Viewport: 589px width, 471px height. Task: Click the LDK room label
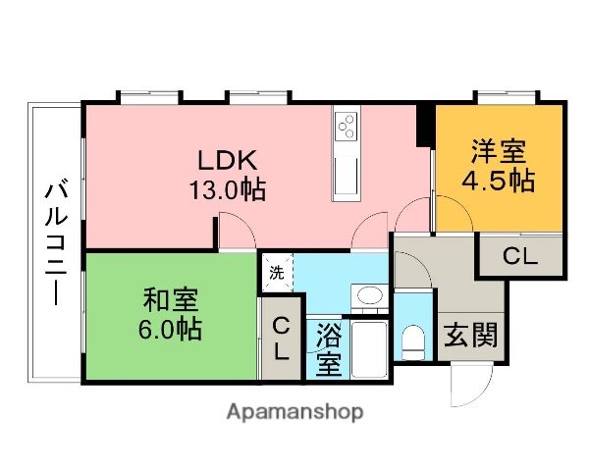(x=229, y=159)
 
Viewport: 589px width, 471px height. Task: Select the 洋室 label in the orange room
(x=498, y=152)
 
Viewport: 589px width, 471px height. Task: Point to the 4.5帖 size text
(x=500, y=182)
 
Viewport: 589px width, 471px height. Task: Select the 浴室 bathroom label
(x=328, y=349)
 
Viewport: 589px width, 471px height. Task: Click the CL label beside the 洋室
(x=520, y=258)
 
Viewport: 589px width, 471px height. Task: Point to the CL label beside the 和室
(x=281, y=340)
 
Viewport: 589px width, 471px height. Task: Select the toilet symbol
(x=413, y=342)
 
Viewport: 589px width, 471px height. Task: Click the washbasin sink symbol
(x=368, y=296)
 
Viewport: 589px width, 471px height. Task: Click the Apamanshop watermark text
(x=294, y=412)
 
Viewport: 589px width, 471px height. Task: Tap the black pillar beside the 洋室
(x=424, y=124)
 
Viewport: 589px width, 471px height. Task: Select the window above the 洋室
(x=508, y=97)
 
